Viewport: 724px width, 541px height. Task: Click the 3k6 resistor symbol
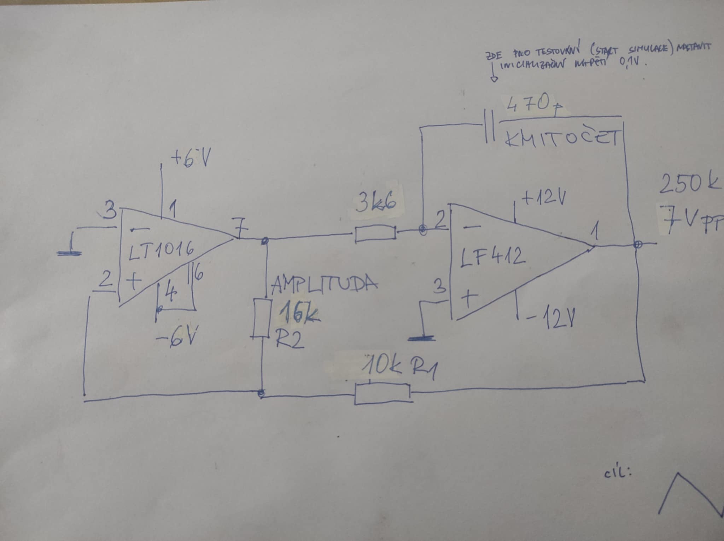click(375, 234)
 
